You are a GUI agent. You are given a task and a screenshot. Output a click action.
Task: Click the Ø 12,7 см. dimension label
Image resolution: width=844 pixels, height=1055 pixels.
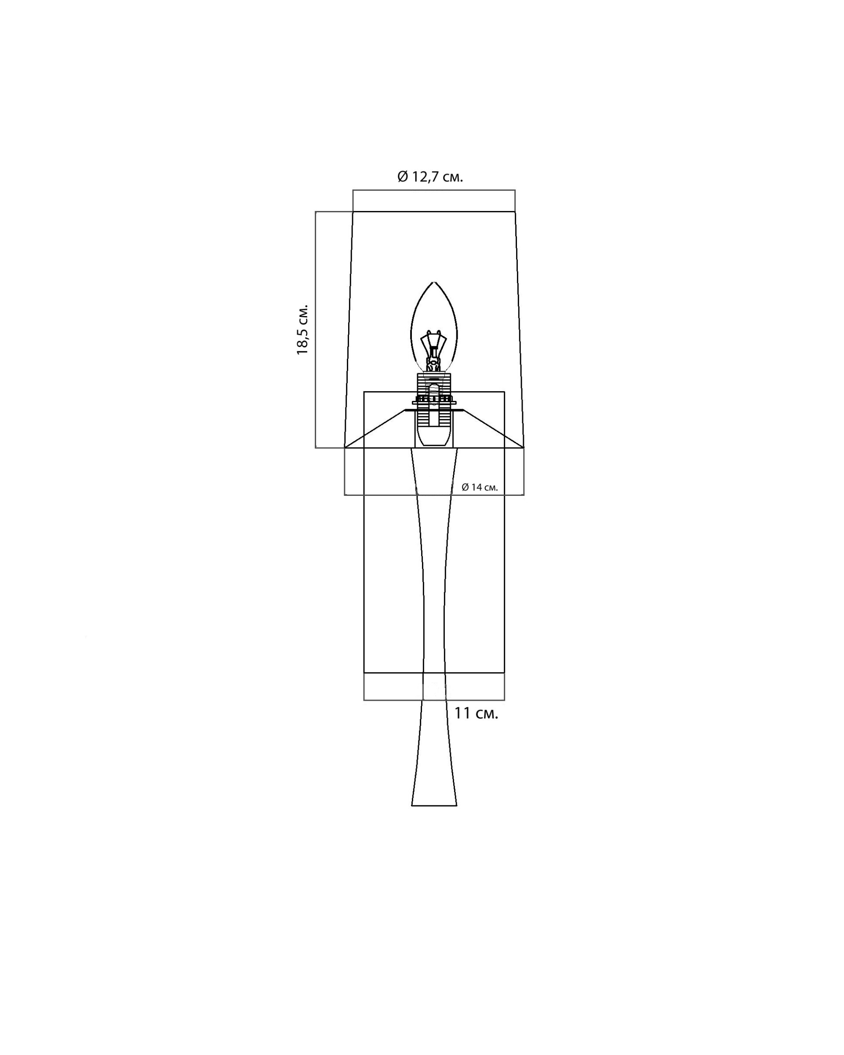tap(430, 177)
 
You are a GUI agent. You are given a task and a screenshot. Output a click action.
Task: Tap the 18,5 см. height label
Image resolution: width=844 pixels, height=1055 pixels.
tap(303, 329)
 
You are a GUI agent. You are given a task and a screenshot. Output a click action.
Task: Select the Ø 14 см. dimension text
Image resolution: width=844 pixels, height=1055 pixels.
tap(480, 487)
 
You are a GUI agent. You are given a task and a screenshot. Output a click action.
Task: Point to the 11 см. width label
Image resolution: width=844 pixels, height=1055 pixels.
tap(476, 713)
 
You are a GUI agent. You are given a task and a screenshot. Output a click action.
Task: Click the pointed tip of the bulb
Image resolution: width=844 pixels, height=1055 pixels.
tap(433, 282)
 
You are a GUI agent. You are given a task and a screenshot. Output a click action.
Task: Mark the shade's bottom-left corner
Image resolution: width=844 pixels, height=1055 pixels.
tap(345, 447)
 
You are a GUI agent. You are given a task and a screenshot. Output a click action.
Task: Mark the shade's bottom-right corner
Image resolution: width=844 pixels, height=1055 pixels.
tap(524, 447)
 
